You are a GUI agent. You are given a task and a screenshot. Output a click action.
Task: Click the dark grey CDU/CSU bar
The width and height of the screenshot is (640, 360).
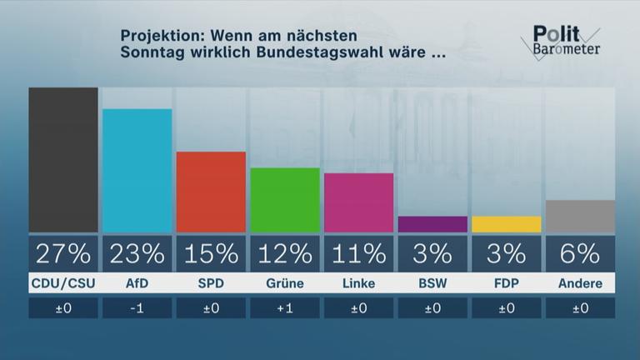(63, 160)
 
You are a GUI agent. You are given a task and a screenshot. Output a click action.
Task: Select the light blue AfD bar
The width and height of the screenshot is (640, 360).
(137, 171)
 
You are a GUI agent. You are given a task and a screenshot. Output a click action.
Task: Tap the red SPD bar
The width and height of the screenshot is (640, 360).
(211, 192)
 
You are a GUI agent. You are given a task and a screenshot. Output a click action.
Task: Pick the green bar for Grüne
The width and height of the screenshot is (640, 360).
(285, 200)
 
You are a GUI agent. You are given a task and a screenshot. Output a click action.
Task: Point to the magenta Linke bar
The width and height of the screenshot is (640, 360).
(358, 202)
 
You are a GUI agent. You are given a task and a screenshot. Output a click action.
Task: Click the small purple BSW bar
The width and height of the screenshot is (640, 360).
(432, 224)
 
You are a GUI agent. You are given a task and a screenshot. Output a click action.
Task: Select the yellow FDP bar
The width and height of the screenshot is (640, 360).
(506, 224)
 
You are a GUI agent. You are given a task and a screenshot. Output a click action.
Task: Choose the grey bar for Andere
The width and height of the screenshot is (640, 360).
(580, 216)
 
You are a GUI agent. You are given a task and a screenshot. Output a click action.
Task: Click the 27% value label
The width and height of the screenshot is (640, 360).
(63, 252)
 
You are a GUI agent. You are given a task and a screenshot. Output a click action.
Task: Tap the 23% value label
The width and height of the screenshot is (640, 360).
(137, 252)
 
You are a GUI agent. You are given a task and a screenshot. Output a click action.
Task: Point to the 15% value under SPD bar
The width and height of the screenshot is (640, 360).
(211, 252)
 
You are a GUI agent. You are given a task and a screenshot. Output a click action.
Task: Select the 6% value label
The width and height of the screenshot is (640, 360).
(580, 252)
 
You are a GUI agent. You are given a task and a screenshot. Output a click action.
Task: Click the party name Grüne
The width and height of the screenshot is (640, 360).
(285, 283)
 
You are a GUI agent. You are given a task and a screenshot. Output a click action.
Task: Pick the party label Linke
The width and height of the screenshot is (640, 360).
(358, 283)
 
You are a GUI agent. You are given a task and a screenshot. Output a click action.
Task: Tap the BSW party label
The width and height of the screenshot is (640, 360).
(432, 283)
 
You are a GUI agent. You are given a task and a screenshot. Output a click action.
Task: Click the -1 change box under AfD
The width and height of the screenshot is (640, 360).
(137, 308)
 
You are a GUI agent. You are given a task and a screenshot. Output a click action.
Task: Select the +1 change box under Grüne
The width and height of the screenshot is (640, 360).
(285, 308)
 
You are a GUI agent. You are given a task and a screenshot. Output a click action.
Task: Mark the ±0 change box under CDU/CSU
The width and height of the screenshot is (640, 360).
(63, 308)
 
